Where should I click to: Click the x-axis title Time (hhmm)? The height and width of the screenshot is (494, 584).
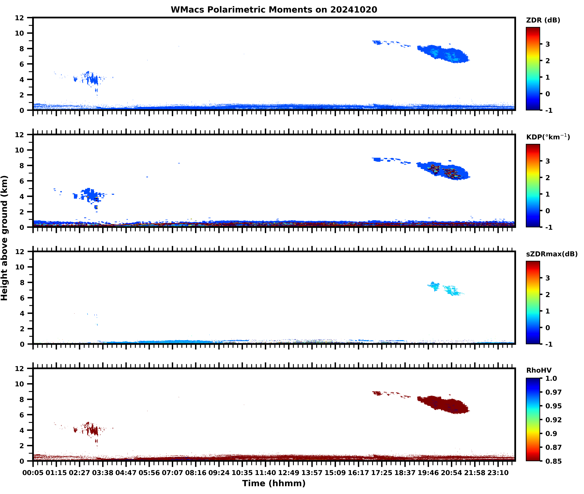click(x=274, y=483)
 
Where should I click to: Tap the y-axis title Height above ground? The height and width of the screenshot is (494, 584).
click(x=5, y=238)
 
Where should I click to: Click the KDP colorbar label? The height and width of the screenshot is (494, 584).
click(x=548, y=137)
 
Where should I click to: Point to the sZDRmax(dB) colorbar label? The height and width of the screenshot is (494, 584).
click(x=551, y=254)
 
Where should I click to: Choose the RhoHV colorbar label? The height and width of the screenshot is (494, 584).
click(x=539, y=370)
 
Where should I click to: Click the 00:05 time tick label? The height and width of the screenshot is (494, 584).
click(x=33, y=473)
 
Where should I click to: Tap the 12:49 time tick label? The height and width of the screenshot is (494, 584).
click(x=289, y=473)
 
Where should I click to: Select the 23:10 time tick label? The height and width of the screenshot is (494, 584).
click(x=498, y=473)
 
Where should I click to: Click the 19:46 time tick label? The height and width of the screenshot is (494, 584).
click(x=428, y=473)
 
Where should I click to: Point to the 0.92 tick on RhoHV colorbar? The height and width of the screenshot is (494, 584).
click(x=553, y=419)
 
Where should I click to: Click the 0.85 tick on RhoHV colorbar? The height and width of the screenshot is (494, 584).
click(x=553, y=461)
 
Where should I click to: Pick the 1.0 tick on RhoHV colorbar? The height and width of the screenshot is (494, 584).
click(x=551, y=378)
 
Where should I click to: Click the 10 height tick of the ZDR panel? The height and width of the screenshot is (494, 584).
click(x=20, y=33)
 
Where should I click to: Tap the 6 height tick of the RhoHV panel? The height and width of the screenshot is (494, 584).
click(x=22, y=415)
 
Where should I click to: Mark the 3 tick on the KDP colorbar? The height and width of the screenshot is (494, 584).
click(x=548, y=161)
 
